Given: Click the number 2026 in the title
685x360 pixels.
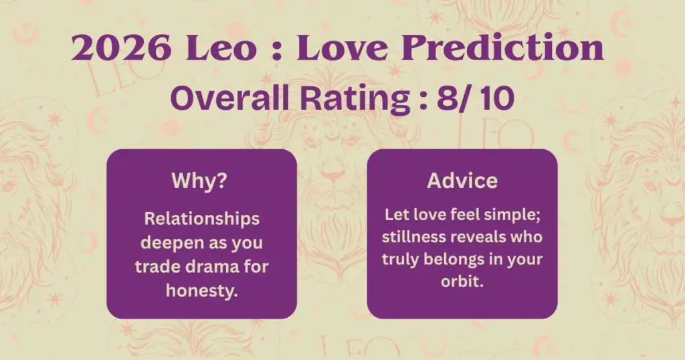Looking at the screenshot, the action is click(x=121, y=48).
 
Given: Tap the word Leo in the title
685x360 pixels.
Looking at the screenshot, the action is click(x=221, y=48).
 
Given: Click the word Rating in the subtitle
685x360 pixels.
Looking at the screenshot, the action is click(x=355, y=100).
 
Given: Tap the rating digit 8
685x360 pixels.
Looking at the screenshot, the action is click(x=446, y=98).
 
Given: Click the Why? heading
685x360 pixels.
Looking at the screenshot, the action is click(x=199, y=181).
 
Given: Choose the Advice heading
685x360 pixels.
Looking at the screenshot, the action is click(x=462, y=181).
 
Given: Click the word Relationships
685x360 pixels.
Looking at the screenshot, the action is click(x=202, y=219).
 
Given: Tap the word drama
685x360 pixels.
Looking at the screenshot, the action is click(x=213, y=266).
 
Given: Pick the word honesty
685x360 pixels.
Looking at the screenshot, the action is click(x=202, y=291).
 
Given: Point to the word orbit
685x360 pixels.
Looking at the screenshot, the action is click(x=462, y=281).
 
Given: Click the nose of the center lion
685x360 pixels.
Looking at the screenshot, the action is click(x=332, y=176).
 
